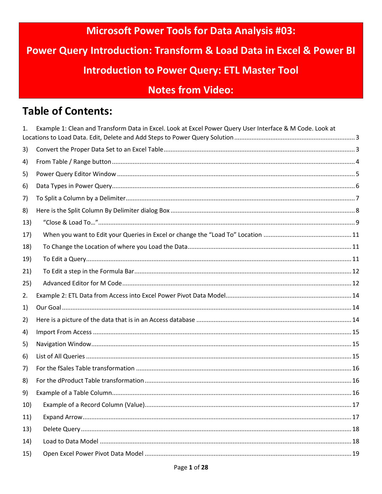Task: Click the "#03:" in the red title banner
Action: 285,31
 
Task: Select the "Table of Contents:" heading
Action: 67,111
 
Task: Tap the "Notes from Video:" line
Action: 191,90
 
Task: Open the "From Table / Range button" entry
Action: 73,162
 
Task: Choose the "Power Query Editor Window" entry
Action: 76,174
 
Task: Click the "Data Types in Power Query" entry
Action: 74,186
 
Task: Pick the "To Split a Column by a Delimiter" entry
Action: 81,198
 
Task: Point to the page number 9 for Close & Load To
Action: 357,222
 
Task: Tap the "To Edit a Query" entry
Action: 64,259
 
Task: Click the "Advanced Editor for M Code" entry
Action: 82,283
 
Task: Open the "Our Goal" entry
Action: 49,307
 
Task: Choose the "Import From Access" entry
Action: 64,332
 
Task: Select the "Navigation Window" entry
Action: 64,344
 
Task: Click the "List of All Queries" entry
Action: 60,356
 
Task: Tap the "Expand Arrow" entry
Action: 62,417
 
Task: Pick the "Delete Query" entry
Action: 61,429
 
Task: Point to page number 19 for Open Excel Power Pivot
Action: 356,454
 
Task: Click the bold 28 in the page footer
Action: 204,467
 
